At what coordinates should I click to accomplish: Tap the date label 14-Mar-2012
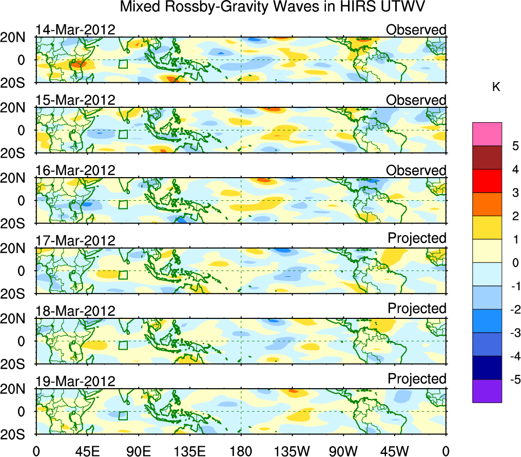(75, 30)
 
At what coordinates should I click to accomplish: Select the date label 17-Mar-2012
(75, 240)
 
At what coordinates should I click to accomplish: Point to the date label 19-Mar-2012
(75, 380)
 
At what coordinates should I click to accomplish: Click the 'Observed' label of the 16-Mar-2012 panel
(416, 170)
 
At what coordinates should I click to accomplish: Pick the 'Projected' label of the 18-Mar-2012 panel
(417, 309)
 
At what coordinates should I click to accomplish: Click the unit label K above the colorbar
(496, 87)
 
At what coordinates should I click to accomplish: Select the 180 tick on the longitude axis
(241, 451)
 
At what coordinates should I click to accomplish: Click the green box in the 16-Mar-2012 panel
(123, 204)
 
